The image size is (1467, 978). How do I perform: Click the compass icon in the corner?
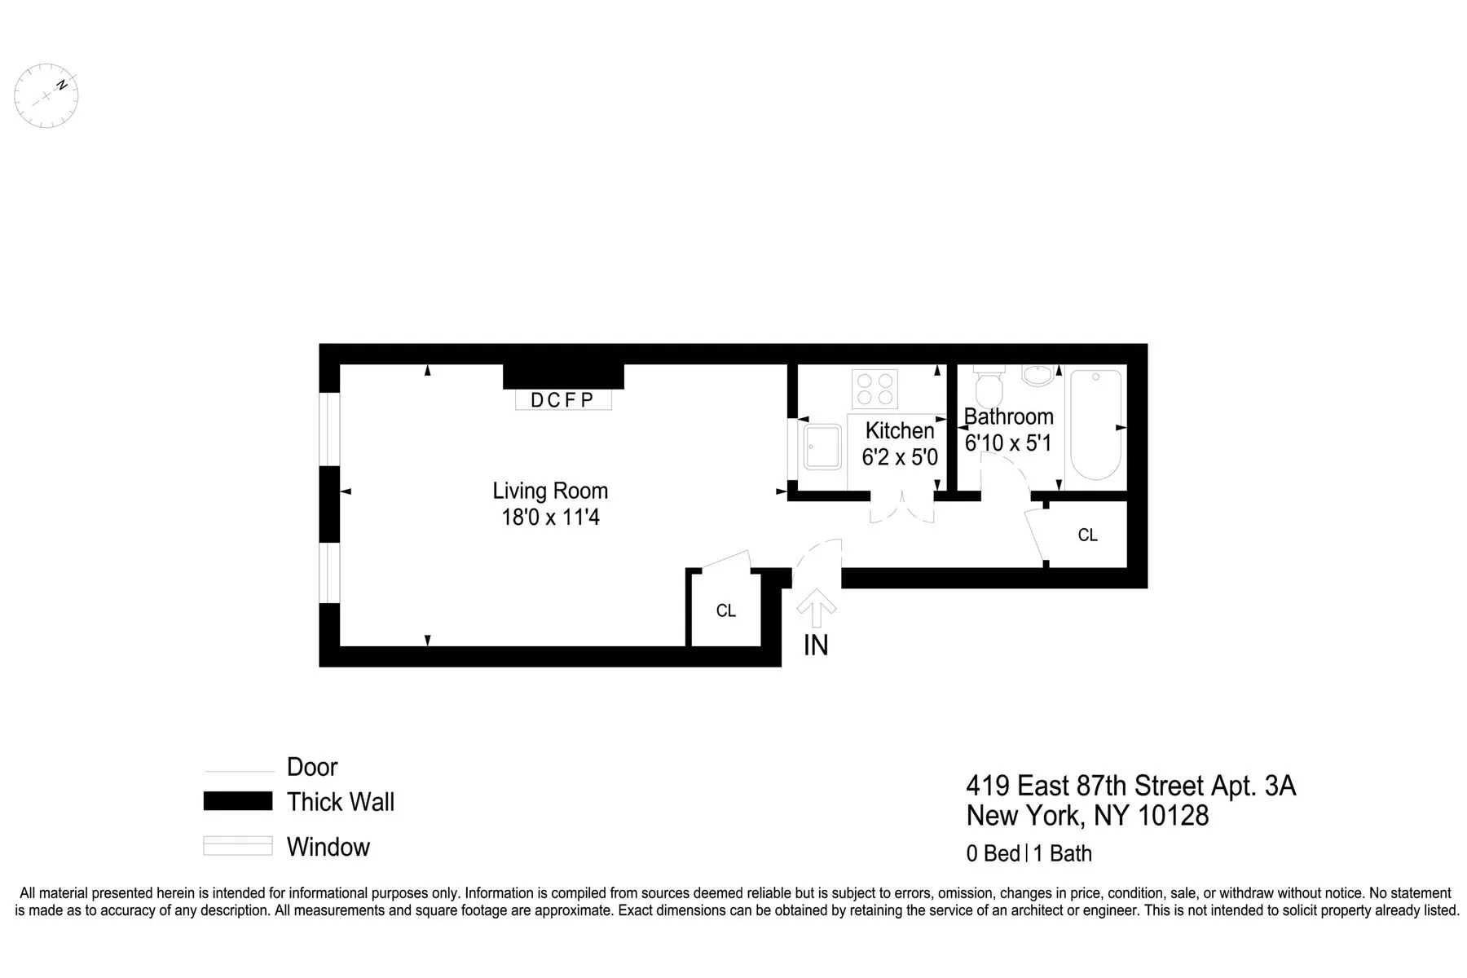coord(47,95)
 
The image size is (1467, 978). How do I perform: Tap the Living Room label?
coord(550,491)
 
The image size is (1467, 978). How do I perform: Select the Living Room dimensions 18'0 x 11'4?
coord(550,518)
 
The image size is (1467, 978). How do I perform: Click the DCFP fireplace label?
coord(562,400)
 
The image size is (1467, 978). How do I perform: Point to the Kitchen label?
coord(900,430)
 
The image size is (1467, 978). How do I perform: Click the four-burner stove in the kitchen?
coord(874,389)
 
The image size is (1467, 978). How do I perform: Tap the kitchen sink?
coord(822,447)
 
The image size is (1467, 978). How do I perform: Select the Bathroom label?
coord(1009,416)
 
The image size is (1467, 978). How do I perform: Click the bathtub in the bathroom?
coord(1095,425)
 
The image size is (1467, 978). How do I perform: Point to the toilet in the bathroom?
coord(989,389)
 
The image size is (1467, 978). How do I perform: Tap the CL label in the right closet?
coord(1087,535)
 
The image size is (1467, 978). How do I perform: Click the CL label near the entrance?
coord(725,610)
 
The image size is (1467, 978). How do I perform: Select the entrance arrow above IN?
coord(816,608)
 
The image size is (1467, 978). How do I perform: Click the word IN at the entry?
coord(816,645)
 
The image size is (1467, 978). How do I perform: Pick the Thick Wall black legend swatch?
coord(237,801)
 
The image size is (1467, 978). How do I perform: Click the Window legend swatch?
coord(237,846)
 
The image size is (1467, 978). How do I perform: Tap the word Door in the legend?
coord(312,767)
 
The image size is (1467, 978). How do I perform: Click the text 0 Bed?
coord(993,853)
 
